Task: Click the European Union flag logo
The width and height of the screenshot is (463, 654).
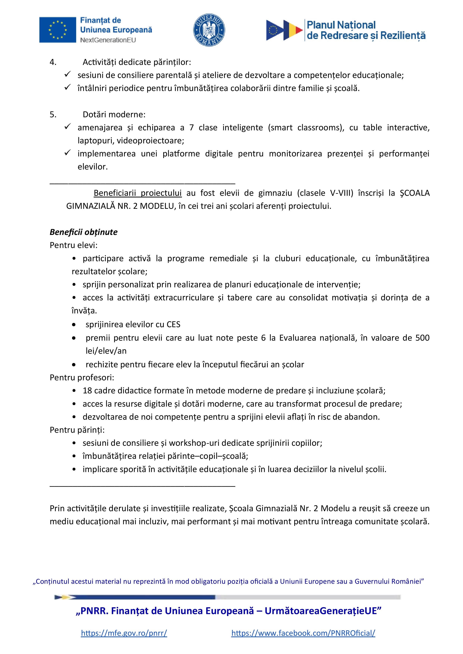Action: pyautogui.click(x=58, y=30)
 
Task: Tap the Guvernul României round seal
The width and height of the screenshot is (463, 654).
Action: pyautogui.click(x=209, y=30)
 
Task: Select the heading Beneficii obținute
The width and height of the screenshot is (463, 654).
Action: pyautogui.click(x=84, y=232)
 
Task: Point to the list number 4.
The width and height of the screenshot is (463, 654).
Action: pyautogui.click(x=53, y=62)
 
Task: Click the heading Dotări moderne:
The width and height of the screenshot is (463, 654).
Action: pyautogui.click(x=114, y=114)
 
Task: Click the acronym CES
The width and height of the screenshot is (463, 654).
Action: pyautogui.click(x=173, y=324)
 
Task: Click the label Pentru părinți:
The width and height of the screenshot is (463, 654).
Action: pyautogui.click(x=77, y=430)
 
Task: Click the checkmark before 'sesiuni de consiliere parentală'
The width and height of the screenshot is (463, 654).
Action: pyautogui.click(x=67, y=75)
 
